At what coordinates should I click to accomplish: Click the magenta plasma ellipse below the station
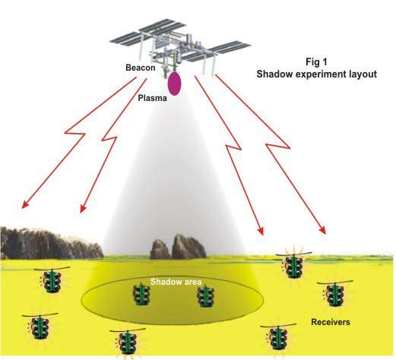[x=175, y=84]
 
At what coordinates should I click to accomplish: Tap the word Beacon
[x=141, y=68]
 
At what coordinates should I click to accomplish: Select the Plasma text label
[x=152, y=98]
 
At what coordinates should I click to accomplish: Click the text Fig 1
[x=316, y=62]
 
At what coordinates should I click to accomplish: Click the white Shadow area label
[x=176, y=282]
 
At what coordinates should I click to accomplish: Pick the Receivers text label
[x=331, y=322]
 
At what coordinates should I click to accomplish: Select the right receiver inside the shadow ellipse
[x=206, y=296]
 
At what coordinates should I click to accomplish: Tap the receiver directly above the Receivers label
[x=335, y=293]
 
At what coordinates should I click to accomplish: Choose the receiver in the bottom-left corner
[x=40, y=327]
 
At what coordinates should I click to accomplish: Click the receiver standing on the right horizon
[x=294, y=264]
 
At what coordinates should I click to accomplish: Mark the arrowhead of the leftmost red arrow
[x=25, y=204]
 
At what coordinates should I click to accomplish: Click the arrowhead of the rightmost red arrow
[x=322, y=229]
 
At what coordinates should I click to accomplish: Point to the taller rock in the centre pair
[x=188, y=247]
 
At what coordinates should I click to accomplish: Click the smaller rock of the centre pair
[x=160, y=249]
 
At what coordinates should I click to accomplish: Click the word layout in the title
[x=363, y=74]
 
